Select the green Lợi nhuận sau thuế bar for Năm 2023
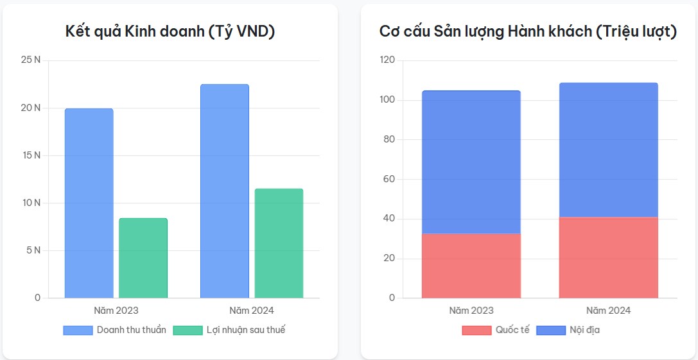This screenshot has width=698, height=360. click(x=143, y=258)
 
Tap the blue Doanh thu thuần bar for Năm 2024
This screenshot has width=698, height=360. click(x=224, y=191)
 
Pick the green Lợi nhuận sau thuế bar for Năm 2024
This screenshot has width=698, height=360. click(x=279, y=243)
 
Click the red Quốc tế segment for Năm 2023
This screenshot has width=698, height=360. click(x=471, y=266)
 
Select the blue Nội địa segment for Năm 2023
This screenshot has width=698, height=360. click(x=471, y=162)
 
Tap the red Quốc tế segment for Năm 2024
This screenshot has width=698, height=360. click(x=608, y=258)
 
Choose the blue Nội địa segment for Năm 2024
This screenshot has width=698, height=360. click(x=608, y=150)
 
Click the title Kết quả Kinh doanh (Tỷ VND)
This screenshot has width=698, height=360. click(x=170, y=31)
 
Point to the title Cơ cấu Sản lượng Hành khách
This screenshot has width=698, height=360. click(x=528, y=31)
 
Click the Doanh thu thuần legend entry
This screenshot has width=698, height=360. click(x=115, y=330)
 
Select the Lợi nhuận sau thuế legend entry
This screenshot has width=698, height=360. click(x=229, y=330)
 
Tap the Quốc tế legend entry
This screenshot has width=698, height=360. click(x=496, y=330)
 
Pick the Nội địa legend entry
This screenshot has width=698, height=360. click(x=568, y=330)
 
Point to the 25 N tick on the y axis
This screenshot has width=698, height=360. click(x=30, y=60)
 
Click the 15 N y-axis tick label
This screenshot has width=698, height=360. click(x=30, y=155)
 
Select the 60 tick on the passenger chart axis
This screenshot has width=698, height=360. click(x=388, y=179)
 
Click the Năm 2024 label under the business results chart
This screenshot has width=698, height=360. click(x=251, y=311)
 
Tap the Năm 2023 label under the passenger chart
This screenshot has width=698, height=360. click(x=471, y=311)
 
